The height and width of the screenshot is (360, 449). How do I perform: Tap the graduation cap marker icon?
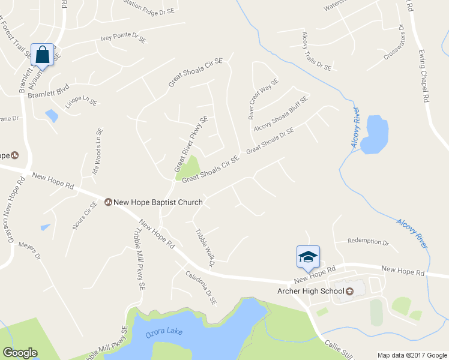point(308,257)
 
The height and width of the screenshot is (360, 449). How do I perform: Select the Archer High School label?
point(310,292)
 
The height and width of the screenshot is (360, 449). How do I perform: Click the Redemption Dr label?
point(369,241)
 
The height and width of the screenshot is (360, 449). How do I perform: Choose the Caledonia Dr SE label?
point(200,288)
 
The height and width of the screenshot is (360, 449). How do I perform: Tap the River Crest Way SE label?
point(264,98)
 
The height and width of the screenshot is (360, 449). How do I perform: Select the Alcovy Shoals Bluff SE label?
point(280,113)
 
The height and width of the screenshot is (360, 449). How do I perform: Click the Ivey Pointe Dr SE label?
point(124,40)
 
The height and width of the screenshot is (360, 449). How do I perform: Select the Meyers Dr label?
point(29,251)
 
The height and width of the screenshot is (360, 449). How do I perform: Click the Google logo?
point(20,353)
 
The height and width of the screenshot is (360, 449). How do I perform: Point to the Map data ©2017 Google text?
point(411,355)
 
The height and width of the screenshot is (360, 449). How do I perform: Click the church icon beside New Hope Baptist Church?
point(109,202)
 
